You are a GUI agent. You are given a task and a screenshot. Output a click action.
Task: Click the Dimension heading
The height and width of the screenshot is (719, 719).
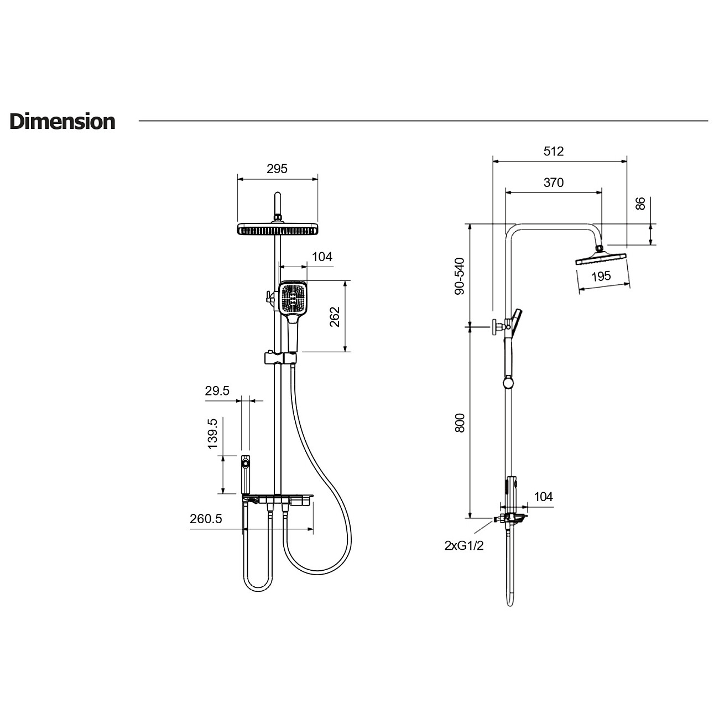click(62, 122)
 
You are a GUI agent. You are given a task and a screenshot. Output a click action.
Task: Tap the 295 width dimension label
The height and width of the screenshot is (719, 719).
click(277, 169)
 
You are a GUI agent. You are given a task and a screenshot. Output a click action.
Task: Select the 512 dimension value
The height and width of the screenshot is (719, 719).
click(553, 151)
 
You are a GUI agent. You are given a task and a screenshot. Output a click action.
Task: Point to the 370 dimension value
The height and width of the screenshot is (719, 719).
click(553, 183)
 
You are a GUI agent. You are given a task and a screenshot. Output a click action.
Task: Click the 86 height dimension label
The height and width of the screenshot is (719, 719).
click(640, 204)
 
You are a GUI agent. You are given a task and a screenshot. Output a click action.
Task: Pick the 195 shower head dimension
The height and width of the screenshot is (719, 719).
click(601, 276)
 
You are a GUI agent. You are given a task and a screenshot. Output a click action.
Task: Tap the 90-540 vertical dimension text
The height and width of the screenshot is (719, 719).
click(460, 276)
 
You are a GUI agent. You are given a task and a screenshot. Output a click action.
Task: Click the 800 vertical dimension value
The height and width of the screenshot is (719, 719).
click(460, 423)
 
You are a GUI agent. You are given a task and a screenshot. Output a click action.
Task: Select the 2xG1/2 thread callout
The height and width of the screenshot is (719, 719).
click(464, 545)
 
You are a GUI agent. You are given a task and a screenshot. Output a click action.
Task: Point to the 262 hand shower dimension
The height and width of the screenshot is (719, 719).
click(335, 317)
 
